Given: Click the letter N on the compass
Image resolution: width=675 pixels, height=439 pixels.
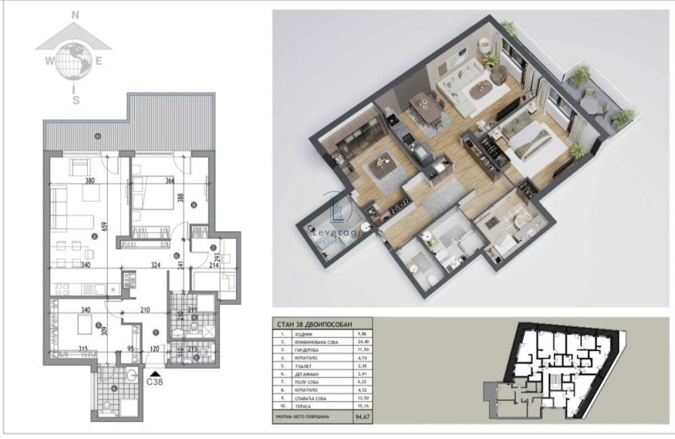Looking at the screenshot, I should pyautogui.click(x=76, y=14).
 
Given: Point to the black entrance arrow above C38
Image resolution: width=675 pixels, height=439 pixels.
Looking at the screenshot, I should pyautogui.click(x=157, y=371).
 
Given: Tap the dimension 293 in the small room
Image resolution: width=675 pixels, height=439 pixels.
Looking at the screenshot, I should pyautogui.click(x=217, y=256).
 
